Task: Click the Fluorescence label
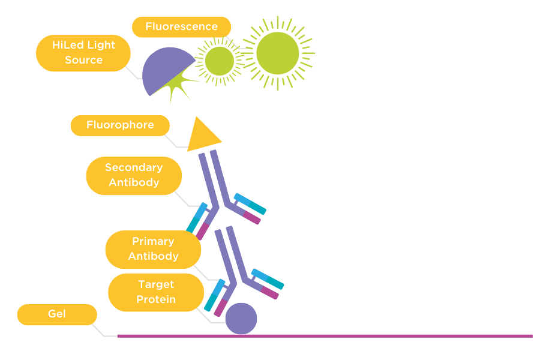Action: pos(181,27)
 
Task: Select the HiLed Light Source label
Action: pos(83,53)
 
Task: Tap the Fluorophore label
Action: pos(120,125)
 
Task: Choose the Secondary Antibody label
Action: pos(134,175)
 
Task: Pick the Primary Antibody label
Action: pos(153,249)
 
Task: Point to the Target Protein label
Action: pos(156,292)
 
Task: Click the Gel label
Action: pos(57,314)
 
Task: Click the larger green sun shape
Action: pos(277,53)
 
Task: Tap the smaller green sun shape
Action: pos(219,61)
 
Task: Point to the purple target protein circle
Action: pos(241,319)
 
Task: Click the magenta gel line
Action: pos(324,336)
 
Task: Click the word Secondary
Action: pos(134,168)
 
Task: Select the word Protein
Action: pos(156,299)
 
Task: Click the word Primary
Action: pos(153,241)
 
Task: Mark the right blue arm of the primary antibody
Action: pos(268,278)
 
